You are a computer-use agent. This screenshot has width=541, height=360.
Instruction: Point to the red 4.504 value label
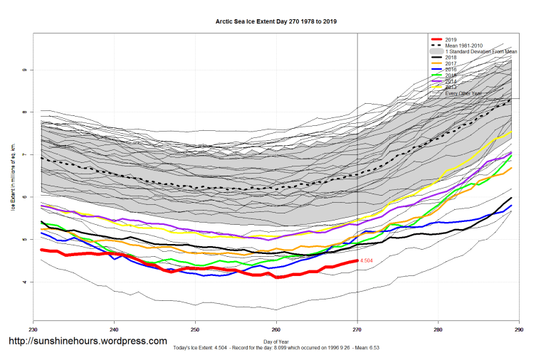point(367,261)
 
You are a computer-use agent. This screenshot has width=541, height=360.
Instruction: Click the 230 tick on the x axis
point(33,330)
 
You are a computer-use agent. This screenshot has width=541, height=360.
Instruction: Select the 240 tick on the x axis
point(114,330)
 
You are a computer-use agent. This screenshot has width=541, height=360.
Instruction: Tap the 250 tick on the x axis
point(195,330)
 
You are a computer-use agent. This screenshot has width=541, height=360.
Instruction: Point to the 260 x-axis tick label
point(276,330)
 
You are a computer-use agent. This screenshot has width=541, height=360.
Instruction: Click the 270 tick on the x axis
point(357,330)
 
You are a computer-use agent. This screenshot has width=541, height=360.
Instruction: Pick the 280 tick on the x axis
point(438,330)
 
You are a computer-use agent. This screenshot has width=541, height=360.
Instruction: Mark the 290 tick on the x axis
point(519,330)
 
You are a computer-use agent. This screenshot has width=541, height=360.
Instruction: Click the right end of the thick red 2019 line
point(357,261)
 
